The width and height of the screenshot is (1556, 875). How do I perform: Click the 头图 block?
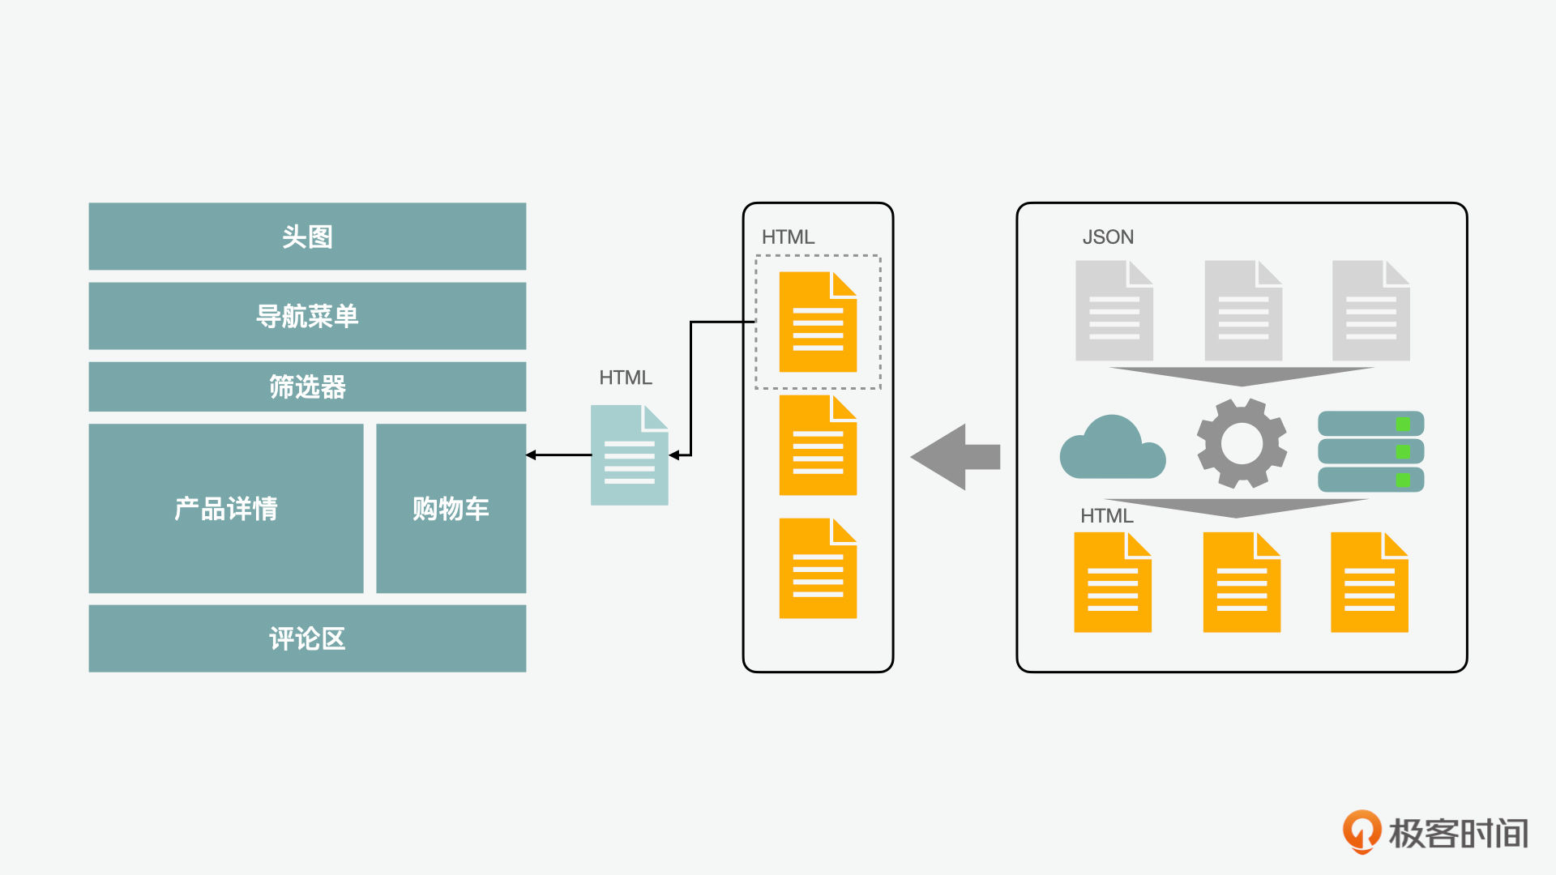click(307, 236)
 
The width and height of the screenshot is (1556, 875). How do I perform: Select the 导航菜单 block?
click(307, 315)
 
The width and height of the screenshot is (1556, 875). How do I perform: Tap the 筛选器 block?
click(307, 386)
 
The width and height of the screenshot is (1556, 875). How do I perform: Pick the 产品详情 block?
click(226, 508)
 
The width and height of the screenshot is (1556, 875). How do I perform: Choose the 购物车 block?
click(451, 508)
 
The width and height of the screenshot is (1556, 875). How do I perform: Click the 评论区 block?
click(307, 638)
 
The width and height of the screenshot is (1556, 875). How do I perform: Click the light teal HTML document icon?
click(630, 455)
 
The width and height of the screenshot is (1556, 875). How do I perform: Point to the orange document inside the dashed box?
click(818, 322)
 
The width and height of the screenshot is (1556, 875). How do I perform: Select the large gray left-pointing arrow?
click(955, 457)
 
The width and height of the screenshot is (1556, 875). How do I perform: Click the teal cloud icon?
click(1113, 448)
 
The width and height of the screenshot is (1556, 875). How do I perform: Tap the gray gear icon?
click(1242, 443)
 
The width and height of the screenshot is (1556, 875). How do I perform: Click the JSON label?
click(1108, 237)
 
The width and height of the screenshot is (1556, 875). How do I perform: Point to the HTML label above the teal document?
click(626, 378)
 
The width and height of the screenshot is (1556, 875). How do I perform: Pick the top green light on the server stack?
click(1403, 424)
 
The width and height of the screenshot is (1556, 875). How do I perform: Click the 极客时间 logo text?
click(1459, 834)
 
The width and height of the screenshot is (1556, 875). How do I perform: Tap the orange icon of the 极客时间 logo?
click(1362, 831)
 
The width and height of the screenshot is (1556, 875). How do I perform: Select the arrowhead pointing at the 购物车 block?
click(531, 455)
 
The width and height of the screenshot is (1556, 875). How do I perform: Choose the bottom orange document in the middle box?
click(818, 568)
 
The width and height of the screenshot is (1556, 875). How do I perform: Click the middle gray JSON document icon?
click(1243, 310)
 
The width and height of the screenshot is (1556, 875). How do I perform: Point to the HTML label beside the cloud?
click(1107, 516)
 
